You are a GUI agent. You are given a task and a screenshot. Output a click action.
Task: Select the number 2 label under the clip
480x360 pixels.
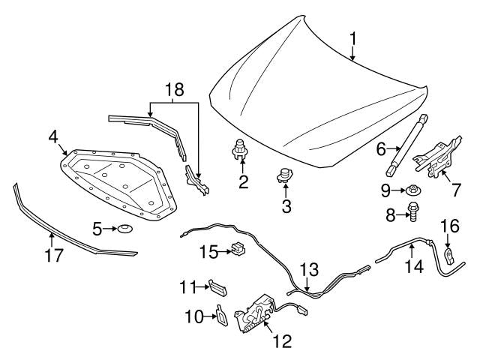[242, 181]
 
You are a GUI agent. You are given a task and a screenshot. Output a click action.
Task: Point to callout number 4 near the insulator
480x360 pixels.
[53, 137]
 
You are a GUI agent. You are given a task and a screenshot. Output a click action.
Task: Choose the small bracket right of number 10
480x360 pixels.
[223, 317]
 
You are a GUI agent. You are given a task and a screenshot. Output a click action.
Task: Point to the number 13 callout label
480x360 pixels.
[309, 268]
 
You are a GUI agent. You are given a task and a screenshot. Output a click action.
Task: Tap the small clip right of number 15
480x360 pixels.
[238, 248]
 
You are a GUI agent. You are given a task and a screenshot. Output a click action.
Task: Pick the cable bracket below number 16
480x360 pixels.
[448, 257]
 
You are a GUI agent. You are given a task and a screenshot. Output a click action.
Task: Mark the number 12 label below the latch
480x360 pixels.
[281, 342]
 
